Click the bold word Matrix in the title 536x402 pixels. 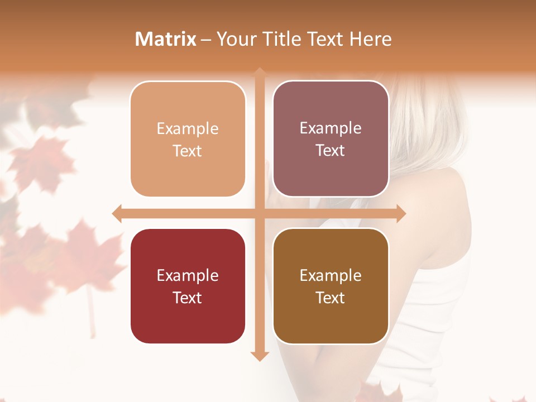click(166, 39)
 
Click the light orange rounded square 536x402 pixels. click(188, 139)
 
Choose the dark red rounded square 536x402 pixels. click(188, 286)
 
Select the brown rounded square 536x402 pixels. click(331, 286)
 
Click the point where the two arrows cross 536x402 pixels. click(259, 213)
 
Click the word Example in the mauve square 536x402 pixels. click(331, 128)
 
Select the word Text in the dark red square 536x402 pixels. click(188, 298)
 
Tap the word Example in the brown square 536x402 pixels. click(331, 275)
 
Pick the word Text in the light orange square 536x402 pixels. click(188, 151)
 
